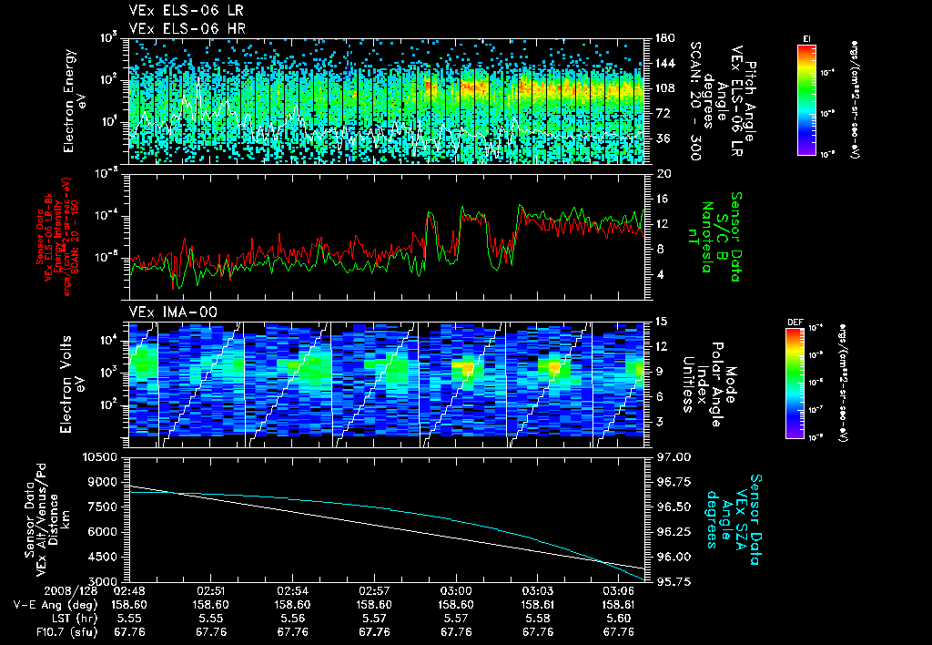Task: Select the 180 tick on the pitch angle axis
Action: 664,38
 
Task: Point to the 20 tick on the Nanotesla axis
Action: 662,173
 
